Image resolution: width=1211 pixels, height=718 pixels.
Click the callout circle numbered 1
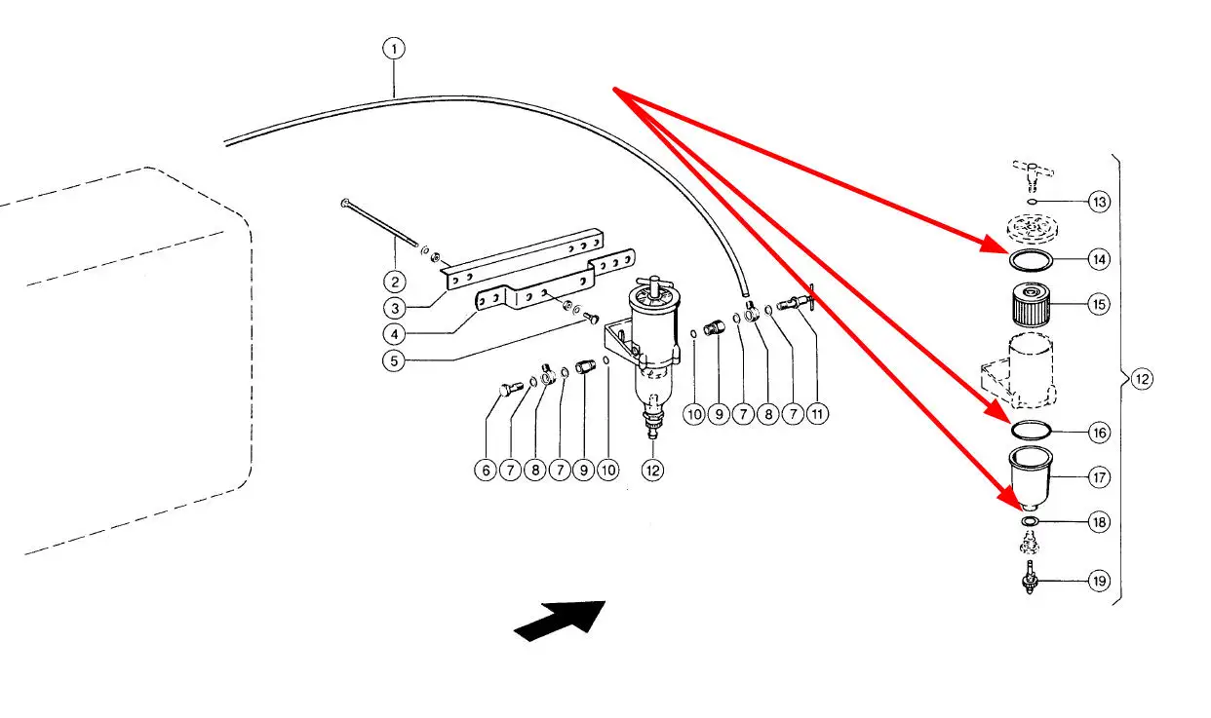tap(393, 48)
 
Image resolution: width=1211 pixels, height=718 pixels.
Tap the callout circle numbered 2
tap(393, 283)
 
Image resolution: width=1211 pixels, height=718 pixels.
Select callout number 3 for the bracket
tap(393, 308)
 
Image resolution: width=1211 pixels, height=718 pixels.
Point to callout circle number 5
tap(393, 359)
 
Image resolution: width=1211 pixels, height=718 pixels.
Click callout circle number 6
tap(485, 470)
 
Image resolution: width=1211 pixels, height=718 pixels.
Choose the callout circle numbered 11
tap(817, 415)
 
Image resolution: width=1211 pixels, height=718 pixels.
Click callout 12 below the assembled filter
tap(652, 470)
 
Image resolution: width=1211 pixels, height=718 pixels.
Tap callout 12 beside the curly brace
tap(1142, 379)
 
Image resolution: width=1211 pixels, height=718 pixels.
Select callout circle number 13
tap(1100, 203)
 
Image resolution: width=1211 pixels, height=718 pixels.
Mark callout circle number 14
tap(1100, 260)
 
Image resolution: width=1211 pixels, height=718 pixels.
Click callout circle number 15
tap(1100, 304)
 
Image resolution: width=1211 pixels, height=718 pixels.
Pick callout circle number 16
tap(1100, 432)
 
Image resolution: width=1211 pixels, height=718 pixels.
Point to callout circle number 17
tap(1100, 477)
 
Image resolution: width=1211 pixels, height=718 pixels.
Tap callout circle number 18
tap(1100, 522)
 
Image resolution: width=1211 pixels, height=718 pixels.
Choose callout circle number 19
tap(1100, 581)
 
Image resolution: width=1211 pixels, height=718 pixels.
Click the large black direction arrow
tap(560, 622)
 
